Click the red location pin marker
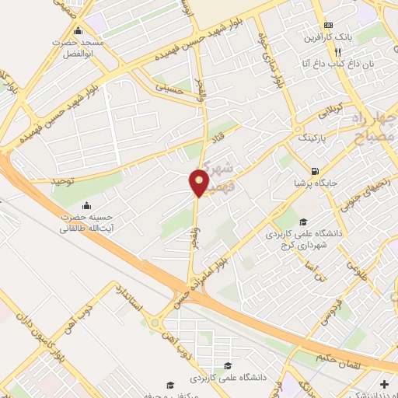200,183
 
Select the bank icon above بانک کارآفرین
328,24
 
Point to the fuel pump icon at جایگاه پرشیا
313,172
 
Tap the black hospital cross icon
385,384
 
